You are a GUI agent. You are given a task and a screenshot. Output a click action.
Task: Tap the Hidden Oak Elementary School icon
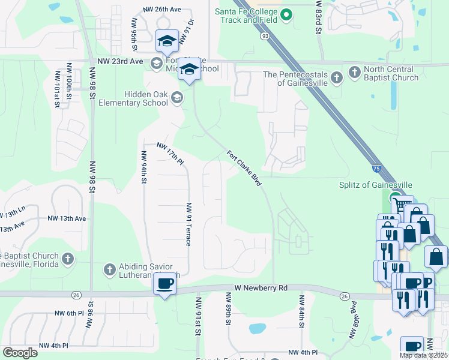(x=177, y=97)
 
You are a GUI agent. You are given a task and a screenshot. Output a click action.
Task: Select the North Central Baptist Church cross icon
(x=355, y=73)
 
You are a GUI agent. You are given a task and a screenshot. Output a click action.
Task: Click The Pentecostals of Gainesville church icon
(x=337, y=76)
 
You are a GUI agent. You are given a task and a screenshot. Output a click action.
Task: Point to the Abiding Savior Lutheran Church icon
(x=109, y=270)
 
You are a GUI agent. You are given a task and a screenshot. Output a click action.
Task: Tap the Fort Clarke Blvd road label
(x=244, y=167)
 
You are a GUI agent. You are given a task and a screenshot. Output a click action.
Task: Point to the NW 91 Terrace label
(x=188, y=224)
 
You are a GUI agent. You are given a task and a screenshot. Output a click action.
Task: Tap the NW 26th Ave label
(x=161, y=10)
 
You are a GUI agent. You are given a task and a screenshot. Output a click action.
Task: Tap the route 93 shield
(x=265, y=36)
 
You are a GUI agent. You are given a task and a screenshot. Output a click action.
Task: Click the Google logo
(x=20, y=353)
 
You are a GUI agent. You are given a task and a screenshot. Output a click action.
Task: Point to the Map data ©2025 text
(x=423, y=355)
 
